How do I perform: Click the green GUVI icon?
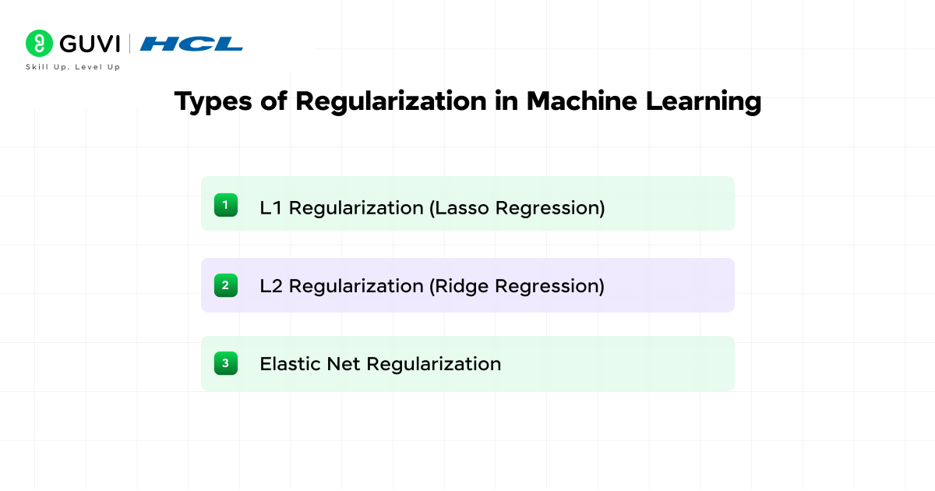click(38, 43)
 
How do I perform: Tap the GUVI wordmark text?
click(89, 43)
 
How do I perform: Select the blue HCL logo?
click(192, 44)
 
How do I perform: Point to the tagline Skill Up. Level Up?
click(73, 68)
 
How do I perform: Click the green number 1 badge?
click(225, 205)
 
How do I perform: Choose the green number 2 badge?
click(225, 285)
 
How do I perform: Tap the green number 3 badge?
click(225, 363)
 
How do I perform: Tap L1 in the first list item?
click(271, 208)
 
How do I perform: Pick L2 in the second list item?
click(272, 286)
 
